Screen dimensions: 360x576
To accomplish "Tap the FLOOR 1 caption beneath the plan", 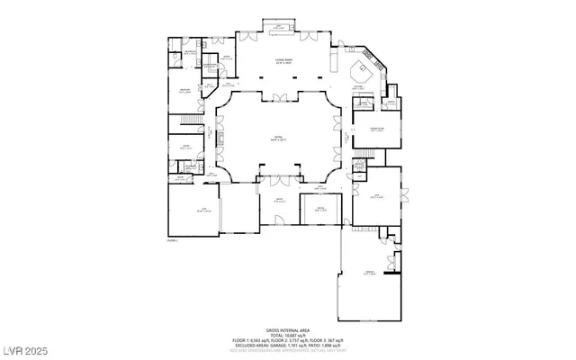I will tap(173, 241).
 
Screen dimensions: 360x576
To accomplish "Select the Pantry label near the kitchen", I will tap(391, 103).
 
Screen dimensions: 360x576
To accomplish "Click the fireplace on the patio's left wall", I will tap(216, 138).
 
